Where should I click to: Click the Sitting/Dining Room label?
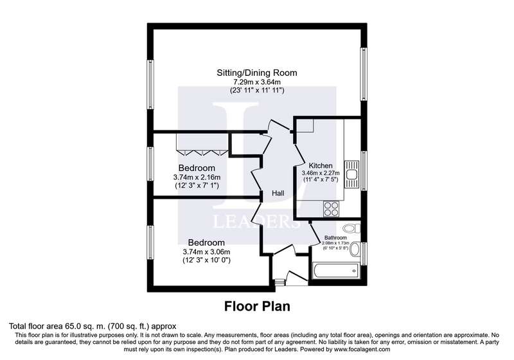point(256,73)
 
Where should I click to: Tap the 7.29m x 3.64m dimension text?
point(256,82)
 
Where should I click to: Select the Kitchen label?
point(321,166)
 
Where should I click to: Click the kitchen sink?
point(351,174)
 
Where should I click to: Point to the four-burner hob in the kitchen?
point(331,208)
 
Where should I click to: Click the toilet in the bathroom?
point(351,228)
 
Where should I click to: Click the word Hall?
point(278,193)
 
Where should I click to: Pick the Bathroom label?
point(335,238)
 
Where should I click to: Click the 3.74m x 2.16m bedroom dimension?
point(197,177)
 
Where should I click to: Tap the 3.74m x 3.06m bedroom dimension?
point(206,252)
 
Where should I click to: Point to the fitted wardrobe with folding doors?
point(202,143)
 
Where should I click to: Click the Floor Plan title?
point(257,306)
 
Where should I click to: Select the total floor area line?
point(93,326)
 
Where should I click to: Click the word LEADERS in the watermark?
point(256,222)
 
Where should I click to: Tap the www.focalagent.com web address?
point(362,349)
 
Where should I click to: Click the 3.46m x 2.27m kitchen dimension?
point(321,173)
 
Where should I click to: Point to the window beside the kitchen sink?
point(363,170)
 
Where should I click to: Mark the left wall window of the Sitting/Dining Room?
point(150,84)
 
